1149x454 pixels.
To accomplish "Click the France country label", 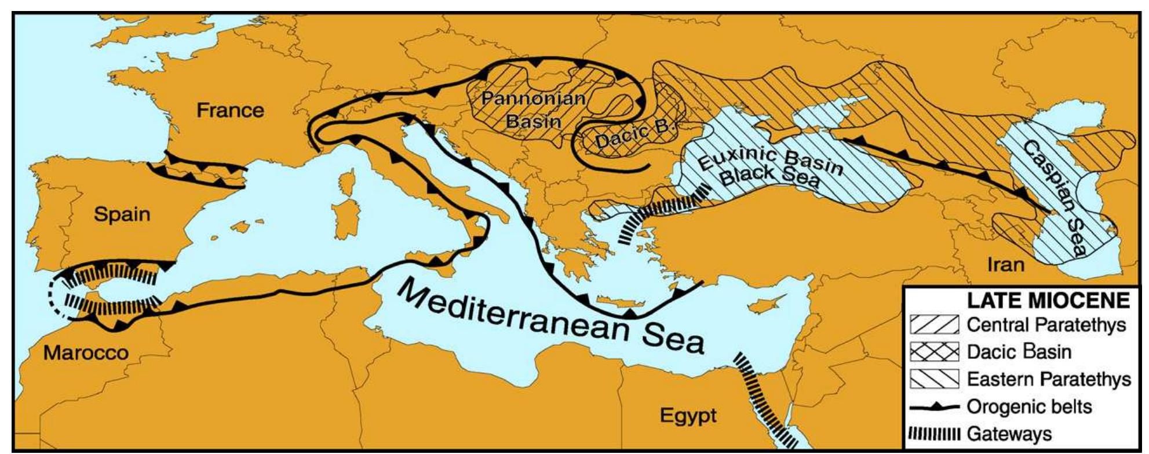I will (230, 110).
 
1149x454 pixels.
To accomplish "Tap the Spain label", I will (122, 214).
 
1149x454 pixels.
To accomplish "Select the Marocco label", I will (86, 352).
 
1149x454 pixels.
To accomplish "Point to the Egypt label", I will (688, 415).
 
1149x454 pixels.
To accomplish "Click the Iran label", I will (1005, 264).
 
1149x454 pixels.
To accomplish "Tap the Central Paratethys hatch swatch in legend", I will (934, 325).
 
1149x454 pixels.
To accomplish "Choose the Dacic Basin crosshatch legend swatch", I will (934, 352).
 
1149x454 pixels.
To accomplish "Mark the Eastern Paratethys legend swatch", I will (934, 379).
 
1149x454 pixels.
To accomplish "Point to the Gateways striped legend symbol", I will (934, 434).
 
